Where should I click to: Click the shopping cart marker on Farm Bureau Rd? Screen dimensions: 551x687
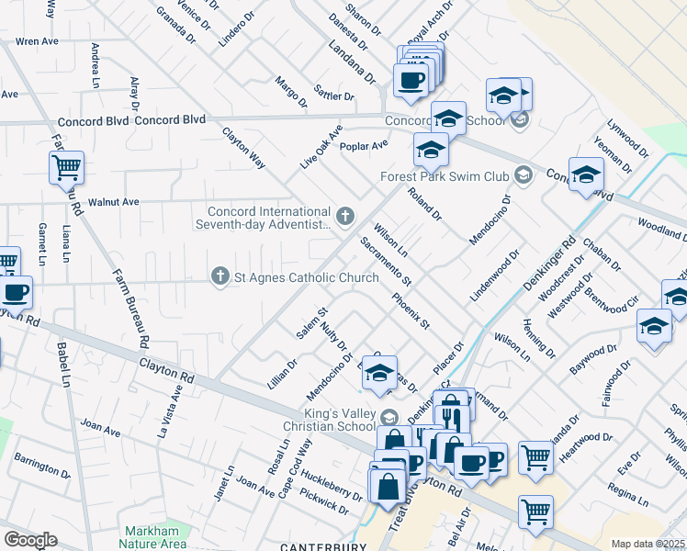pos(66,168)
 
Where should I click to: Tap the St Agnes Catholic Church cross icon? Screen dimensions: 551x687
pos(220,276)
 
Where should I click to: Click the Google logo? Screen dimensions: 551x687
pos(30,539)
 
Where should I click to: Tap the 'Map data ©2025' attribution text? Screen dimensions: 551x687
pos(648,544)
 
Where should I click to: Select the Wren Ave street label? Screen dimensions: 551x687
pos(38,41)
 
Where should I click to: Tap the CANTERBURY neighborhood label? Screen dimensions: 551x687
pos(318,546)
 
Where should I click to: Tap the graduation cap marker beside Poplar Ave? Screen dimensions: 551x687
pos(431,150)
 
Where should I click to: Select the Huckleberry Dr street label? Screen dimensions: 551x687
pos(330,492)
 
